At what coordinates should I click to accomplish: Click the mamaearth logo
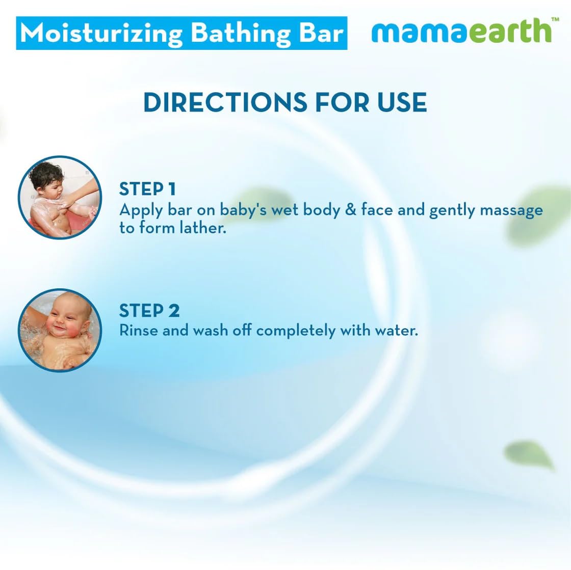461,31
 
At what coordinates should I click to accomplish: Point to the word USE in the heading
402,102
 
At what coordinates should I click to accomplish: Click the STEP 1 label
147,189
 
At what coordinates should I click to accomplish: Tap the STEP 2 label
149,310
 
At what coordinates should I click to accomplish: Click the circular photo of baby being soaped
60,198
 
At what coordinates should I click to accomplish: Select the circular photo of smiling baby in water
60,330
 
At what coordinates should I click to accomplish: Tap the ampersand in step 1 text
350,210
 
